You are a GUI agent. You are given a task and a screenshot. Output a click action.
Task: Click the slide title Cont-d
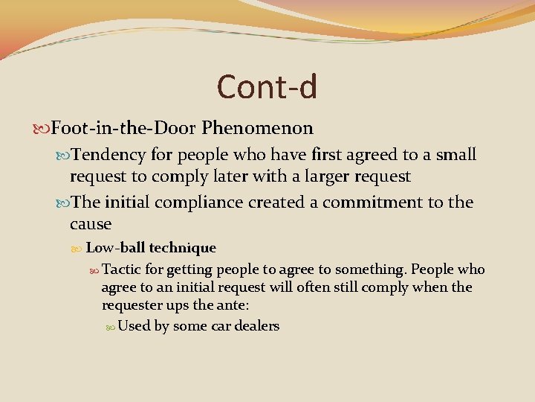(x=267, y=86)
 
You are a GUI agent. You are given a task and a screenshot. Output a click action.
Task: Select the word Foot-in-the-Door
(x=123, y=128)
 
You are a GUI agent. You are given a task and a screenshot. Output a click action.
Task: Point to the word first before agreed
(x=339, y=155)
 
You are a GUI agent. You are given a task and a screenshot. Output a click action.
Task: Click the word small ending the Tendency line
(x=455, y=155)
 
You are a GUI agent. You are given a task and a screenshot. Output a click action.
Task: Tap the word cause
(x=91, y=224)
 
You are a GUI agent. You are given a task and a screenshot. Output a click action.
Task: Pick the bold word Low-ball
(x=115, y=248)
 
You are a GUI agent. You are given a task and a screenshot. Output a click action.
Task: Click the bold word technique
(x=182, y=249)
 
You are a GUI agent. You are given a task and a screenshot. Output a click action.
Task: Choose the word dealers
(x=255, y=326)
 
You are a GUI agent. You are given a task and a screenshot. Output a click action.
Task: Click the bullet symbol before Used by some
(x=110, y=326)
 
